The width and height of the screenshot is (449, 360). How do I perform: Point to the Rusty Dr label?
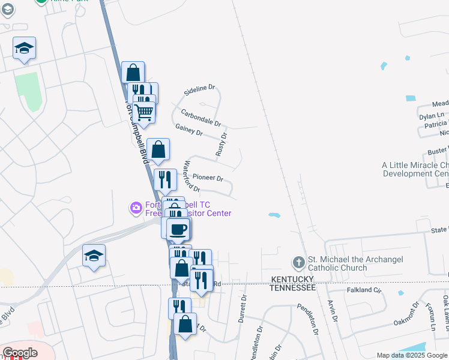(221, 145)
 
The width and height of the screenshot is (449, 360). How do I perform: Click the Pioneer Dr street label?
(208, 178)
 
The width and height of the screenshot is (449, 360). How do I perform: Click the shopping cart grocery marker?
(143, 111)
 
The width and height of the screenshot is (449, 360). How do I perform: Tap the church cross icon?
(298, 263)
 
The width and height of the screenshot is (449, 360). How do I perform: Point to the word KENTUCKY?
(293, 280)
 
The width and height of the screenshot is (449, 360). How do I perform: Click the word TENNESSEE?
(292, 288)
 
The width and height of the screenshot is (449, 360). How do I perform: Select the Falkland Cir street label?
(364, 290)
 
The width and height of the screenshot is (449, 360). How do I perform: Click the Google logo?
(20, 353)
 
